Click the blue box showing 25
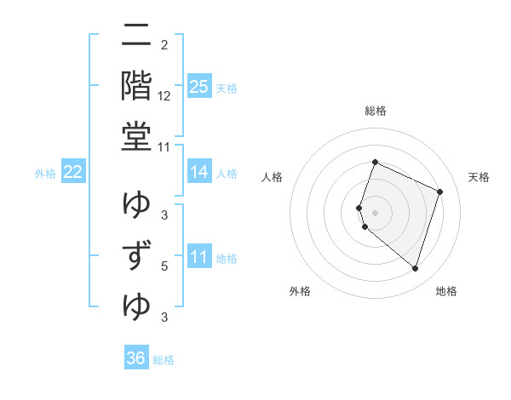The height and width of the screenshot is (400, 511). click(199, 86)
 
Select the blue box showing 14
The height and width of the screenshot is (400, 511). click(199, 172)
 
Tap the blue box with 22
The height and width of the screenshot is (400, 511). click(72, 172)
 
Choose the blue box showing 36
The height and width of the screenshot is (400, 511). click(136, 358)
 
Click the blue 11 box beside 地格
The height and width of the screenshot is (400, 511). click(199, 257)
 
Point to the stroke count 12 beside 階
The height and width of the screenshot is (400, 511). click(164, 95)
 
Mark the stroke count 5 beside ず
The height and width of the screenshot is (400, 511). click(164, 266)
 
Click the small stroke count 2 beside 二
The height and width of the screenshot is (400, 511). click(164, 45)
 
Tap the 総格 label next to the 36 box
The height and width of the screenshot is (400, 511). click(164, 360)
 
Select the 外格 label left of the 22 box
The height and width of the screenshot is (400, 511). click(45, 174)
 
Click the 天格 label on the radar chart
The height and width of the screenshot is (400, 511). click(479, 177)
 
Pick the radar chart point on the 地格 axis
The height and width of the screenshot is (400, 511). click(415, 269)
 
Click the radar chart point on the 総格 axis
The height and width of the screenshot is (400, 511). click(375, 163)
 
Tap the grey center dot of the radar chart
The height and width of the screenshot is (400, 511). click(375, 212)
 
